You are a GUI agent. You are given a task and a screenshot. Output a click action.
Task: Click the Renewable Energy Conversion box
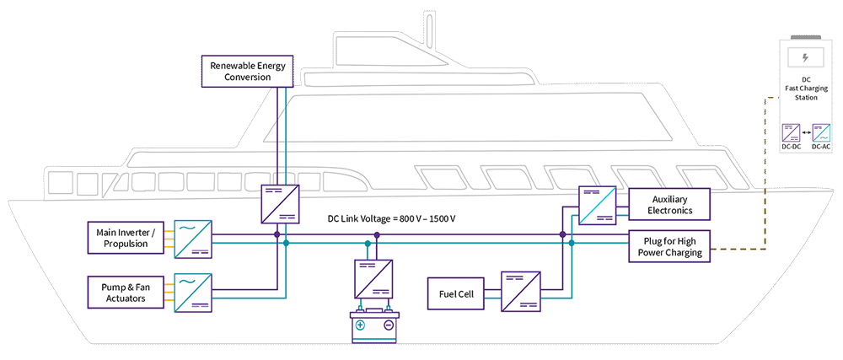247,71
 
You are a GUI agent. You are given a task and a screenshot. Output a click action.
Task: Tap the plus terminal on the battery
360,325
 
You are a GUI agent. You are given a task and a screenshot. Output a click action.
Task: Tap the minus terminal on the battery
389,325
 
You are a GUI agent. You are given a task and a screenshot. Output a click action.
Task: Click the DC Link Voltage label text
391,219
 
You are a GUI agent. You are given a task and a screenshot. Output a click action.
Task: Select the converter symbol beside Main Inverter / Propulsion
193,238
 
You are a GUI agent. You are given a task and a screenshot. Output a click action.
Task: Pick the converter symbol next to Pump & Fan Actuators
193,291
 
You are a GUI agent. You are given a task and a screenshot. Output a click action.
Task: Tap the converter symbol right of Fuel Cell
519,291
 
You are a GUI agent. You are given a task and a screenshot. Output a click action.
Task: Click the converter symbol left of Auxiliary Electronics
597,205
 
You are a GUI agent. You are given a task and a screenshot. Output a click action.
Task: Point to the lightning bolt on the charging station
805,58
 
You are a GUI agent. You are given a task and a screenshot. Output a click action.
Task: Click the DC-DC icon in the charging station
792,132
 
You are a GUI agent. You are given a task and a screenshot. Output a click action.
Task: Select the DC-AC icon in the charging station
820,132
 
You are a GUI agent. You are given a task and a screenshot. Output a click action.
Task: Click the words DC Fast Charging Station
805,89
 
